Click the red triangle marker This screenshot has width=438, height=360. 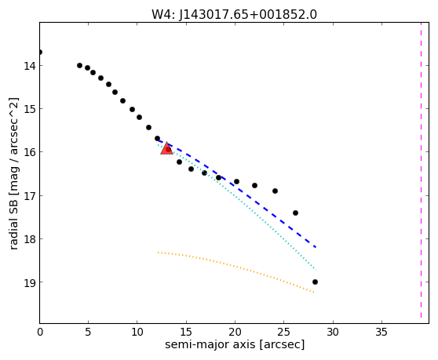pos(166,148)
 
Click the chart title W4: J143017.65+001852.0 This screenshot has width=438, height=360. pos(234,15)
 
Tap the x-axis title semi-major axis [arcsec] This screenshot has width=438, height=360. pos(235,344)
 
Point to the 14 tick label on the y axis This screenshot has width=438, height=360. pos(30,66)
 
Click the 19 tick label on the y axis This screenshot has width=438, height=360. pos(30,282)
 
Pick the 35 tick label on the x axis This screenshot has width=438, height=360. pos(381,332)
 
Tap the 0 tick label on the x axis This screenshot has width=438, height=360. pos(40,332)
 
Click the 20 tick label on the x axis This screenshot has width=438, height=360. pos(235,332)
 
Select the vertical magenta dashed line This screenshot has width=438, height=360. pos(421,169)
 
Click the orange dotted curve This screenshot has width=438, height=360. pos(236,267)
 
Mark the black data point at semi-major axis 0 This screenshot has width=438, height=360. pos(40,53)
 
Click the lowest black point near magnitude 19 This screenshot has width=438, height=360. pos(315,282)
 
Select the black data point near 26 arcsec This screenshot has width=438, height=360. pos(296,213)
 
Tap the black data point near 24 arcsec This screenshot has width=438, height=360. pos(276,191)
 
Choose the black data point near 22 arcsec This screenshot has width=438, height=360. pos(255,185)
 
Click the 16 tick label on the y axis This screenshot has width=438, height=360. pos(30,152)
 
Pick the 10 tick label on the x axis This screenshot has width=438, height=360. pos(137,332)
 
